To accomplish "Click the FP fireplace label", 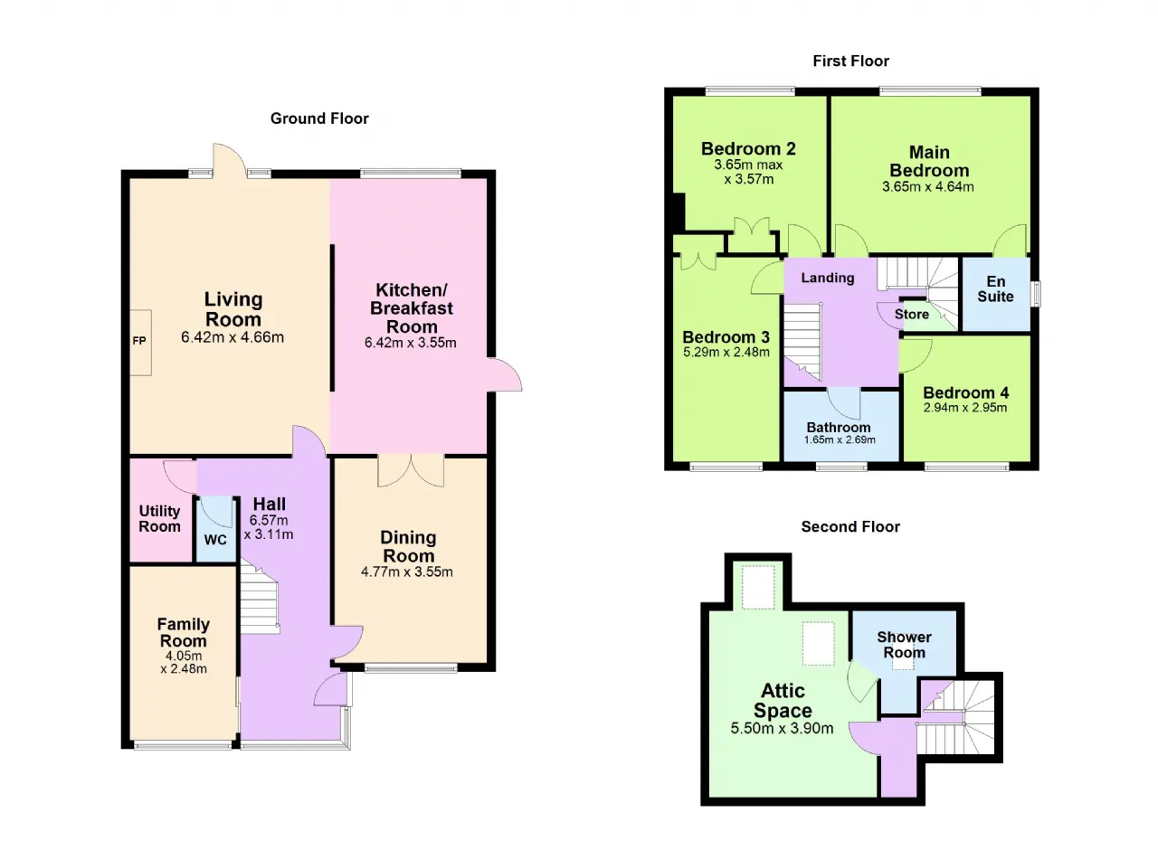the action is coord(139,341).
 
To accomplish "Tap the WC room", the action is coord(215,530).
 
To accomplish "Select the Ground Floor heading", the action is coord(319,118).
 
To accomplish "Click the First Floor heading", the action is coord(851,61).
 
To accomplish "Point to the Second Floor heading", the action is coord(850,526).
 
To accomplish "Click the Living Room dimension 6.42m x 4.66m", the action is coord(233,337).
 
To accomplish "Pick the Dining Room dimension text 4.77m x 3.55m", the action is coord(407,572).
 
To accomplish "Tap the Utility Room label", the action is coord(160,519).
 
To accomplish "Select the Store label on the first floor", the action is coord(911,314).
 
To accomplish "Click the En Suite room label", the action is coord(996,288).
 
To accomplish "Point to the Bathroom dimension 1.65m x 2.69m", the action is coord(840,440).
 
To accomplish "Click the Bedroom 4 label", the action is coord(965,392).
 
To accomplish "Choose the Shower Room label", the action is coord(904,645).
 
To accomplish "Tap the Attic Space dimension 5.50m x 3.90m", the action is coord(783,728).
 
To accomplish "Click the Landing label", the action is coord(828,278).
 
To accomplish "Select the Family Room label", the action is coord(184,632).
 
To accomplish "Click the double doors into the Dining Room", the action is coord(411,470).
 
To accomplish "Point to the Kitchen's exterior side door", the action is coord(505,374).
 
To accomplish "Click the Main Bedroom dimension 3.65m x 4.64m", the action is coord(928,187).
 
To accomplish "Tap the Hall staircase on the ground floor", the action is coord(259,600).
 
